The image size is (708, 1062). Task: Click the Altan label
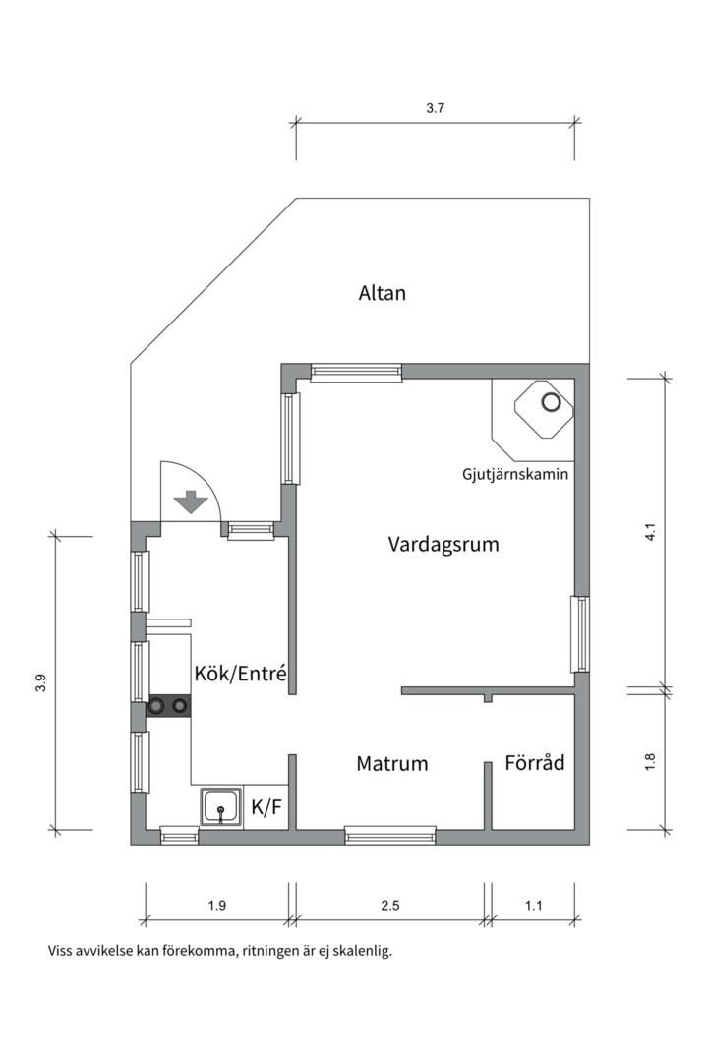[382, 293]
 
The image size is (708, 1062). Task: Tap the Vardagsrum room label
[443, 544]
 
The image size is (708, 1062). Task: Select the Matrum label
[391, 763]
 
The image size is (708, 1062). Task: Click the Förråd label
[535, 762]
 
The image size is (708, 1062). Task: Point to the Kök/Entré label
[240, 674]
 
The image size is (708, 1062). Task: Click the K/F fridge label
[266, 808]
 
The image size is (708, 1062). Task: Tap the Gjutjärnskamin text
[515, 474]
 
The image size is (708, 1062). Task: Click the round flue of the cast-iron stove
[551, 402]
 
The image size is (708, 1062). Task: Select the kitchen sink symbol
[221, 808]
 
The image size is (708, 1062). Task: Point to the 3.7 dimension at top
[436, 109]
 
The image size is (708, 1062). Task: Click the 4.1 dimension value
[649, 533]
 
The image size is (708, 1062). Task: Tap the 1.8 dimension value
[649, 761]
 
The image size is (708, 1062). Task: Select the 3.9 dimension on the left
[40, 682]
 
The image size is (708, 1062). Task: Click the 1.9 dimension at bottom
[217, 906]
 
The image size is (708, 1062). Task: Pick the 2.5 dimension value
[389, 906]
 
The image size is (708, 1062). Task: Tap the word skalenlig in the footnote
[359, 951]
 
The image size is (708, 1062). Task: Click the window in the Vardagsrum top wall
[356, 372]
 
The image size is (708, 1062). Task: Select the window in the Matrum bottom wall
[389, 837]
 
